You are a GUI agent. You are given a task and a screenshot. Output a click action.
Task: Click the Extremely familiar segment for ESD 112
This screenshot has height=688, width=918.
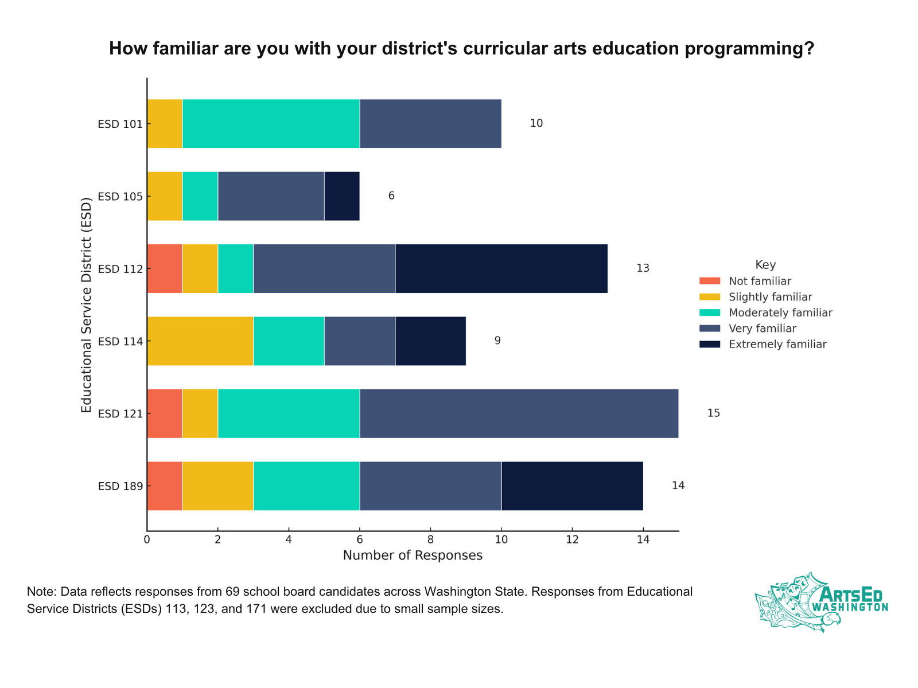[501, 268]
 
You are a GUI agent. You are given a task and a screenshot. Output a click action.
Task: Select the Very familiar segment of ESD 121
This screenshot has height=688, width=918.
[519, 413]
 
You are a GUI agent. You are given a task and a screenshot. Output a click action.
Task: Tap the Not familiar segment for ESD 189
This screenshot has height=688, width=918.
[165, 486]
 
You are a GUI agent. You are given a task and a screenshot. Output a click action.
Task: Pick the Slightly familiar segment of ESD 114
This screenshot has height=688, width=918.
[200, 341]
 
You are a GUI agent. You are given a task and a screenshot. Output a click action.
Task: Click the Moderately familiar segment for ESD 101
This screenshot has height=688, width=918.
[271, 123]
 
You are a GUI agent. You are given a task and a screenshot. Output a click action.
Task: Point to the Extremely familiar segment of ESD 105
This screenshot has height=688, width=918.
[342, 196]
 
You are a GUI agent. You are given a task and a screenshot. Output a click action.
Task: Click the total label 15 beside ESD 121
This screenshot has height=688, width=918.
[713, 413]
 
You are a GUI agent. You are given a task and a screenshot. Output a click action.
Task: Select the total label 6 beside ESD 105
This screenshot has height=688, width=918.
[391, 196]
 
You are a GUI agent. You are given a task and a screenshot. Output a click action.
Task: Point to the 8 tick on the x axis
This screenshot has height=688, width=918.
[430, 540]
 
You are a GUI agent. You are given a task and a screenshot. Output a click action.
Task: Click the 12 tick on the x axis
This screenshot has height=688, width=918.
[572, 540]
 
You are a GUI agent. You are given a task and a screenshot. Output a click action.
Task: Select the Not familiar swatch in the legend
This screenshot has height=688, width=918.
[710, 281]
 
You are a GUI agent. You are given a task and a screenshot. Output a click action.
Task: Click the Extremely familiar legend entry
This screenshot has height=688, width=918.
[777, 345]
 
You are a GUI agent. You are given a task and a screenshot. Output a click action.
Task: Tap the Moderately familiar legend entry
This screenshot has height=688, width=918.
[780, 313]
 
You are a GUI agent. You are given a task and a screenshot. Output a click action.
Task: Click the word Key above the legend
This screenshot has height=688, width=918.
[765, 265]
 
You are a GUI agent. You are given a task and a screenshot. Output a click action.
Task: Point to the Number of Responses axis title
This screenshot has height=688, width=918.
[413, 556]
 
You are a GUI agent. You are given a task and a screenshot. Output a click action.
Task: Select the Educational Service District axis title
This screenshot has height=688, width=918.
[87, 304]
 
